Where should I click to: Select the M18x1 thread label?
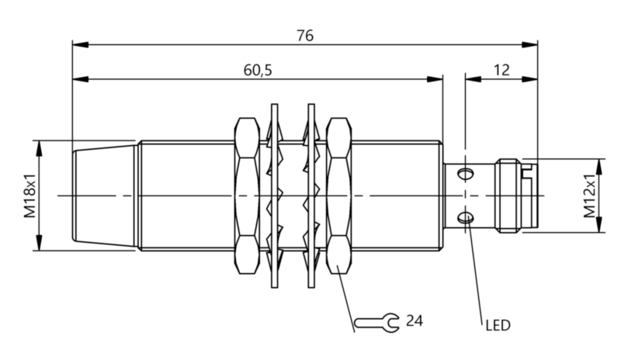tap(29, 196)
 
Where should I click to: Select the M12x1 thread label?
tap(589, 196)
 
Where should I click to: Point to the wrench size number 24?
tap(415, 320)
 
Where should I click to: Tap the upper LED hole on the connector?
tap(467, 172)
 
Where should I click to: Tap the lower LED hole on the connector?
tap(467, 218)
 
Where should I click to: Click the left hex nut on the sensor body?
tap(246, 196)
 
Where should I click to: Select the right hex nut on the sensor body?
tap(339, 196)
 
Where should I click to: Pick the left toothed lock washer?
tap(273, 196)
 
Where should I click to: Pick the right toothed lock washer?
tap(311, 196)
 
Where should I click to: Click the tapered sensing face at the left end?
tap(105, 196)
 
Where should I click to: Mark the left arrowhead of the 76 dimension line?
tap(77, 44)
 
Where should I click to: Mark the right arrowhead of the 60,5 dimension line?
tap(437, 78)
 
